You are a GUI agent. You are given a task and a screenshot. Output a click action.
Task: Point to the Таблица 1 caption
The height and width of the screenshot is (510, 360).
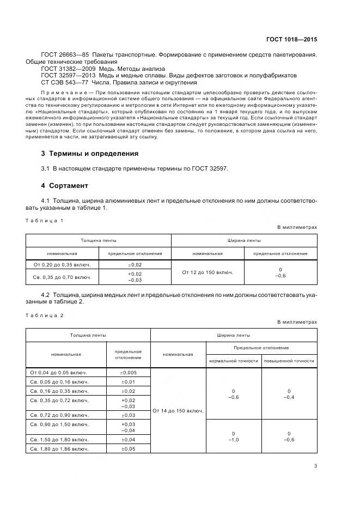(45, 220)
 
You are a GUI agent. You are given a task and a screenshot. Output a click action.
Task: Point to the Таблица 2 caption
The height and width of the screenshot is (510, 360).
(45, 315)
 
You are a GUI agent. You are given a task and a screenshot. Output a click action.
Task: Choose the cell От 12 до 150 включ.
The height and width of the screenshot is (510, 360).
(208, 272)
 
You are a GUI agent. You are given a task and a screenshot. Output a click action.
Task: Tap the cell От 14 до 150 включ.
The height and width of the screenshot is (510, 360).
(178, 410)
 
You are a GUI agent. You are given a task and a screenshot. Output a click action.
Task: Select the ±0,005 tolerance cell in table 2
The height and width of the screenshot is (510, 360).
(128, 372)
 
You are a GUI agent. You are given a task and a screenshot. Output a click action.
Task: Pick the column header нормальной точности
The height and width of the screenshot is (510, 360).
(233, 361)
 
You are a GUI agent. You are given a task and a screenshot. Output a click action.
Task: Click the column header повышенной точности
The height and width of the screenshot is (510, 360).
(289, 361)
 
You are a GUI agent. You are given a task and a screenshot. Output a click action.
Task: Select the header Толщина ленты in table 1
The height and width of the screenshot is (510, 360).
(99, 240)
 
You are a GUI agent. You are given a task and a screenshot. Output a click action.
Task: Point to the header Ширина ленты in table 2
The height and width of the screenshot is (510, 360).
(233, 335)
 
